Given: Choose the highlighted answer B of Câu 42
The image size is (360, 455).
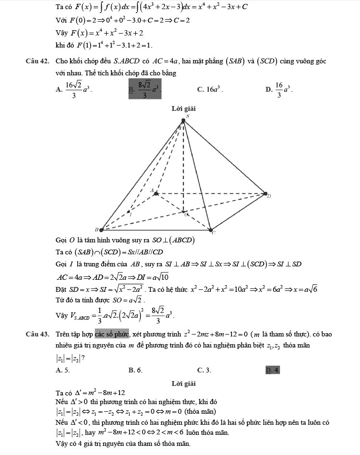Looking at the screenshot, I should pos(145,89).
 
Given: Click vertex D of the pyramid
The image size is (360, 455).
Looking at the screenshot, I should pos(265,194).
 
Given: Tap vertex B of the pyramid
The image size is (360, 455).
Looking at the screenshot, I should pos(101,229).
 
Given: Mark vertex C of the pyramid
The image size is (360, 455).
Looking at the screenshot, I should pos(210,229).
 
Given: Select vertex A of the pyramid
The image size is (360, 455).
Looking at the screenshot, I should pos(156,193).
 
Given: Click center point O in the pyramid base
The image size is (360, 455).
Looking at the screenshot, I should pos(183,211).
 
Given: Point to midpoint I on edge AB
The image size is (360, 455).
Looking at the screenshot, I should pos(128,212).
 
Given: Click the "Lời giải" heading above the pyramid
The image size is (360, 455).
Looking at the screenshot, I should pos(183,109).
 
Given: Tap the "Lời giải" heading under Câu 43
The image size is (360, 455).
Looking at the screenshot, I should pos(183,383).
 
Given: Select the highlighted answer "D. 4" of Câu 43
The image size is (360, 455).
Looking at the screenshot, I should pos(272,370).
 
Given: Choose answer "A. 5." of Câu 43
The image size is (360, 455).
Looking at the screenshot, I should pos(62,370).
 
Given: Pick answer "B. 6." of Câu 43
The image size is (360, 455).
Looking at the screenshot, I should pos(135,370).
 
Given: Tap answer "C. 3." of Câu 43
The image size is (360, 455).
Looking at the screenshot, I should pos(204,370).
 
